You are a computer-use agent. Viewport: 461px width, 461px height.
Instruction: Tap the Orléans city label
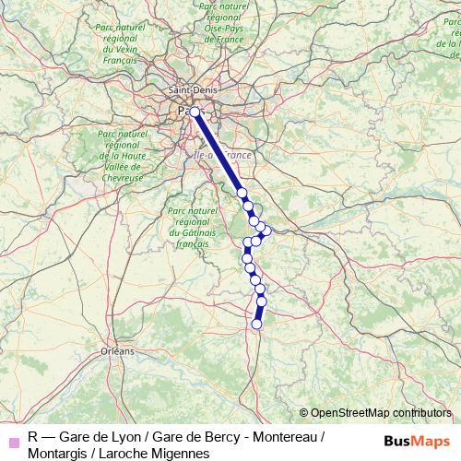point(117,351)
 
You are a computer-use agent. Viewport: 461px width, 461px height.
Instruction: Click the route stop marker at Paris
point(195,112)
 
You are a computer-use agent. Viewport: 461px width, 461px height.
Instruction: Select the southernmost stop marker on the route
point(257,324)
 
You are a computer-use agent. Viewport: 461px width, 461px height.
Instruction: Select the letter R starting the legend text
point(32,435)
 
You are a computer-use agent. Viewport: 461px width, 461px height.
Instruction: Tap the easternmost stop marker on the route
point(267,230)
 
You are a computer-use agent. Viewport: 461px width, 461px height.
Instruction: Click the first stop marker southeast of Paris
point(242,193)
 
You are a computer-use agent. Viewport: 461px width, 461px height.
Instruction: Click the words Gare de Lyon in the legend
point(98,435)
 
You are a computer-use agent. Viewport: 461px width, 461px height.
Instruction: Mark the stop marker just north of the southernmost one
point(261,301)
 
